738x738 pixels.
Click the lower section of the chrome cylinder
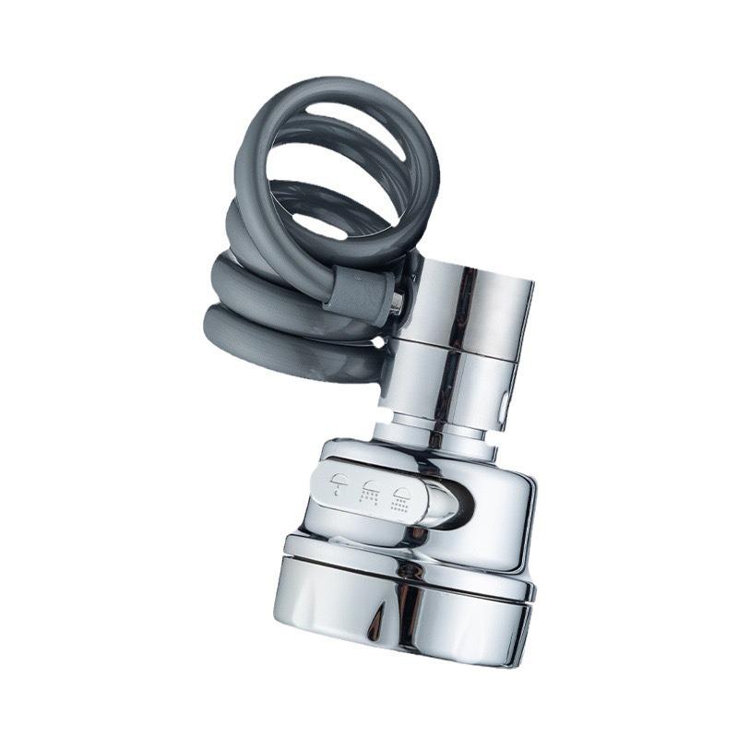tap(461, 387)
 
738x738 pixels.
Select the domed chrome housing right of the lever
tap(498, 517)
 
